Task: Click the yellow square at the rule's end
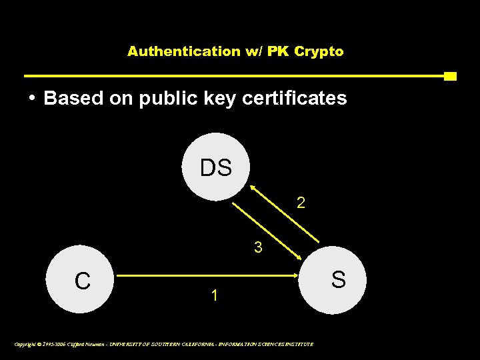pos(450,76)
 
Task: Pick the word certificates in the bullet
pos(295,99)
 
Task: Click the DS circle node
pos(216,167)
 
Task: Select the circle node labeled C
pos(83,280)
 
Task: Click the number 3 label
pos(259,249)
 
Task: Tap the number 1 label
pos(214,295)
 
